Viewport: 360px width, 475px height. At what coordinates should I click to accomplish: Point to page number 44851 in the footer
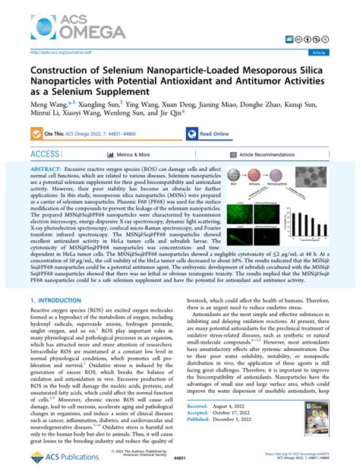click(179, 461)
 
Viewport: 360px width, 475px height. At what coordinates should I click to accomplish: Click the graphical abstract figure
click(296, 207)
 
